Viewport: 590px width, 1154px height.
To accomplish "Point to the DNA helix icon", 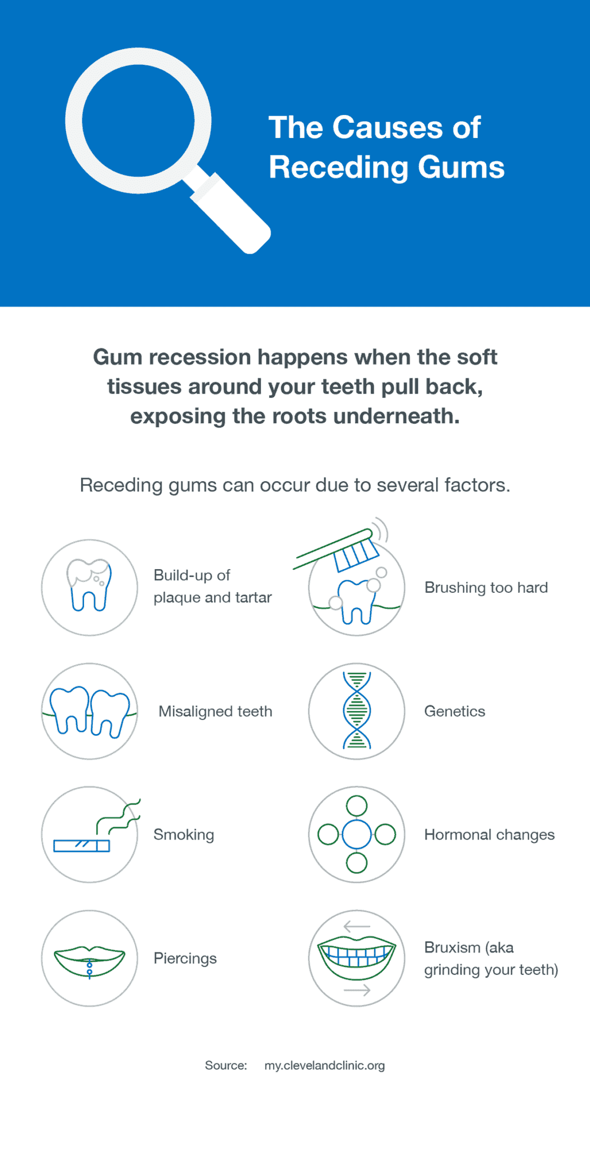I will (x=357, y=711).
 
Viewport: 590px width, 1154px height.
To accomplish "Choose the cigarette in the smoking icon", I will (x=81, y=845).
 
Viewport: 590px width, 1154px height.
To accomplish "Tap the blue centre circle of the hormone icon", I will (x=357, y=834).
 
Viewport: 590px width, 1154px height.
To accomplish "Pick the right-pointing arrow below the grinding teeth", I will (x=357, y=990).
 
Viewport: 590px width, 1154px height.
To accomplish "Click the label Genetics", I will (x=454, y=711).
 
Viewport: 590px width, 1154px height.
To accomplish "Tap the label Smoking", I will (x=184, y=835).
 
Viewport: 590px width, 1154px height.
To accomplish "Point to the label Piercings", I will (x=185, y=958).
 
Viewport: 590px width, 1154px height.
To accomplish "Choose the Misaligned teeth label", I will (x=215, y=711).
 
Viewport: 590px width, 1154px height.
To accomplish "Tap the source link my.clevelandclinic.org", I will (x=325, y=1066).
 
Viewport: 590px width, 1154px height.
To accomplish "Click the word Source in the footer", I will (x=225, y=1066).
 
